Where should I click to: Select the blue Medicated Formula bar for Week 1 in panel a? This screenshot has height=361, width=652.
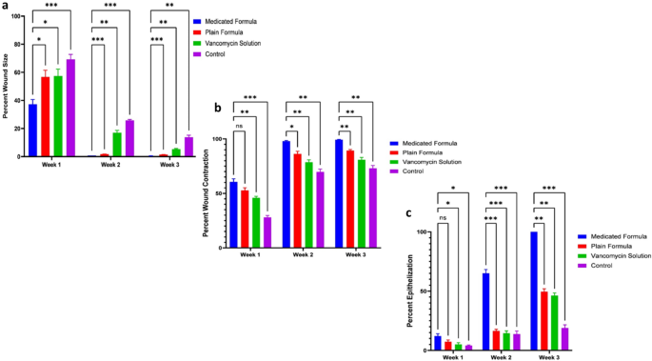tap(32, 130)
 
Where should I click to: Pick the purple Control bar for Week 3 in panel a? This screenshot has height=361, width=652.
tap(188, 147)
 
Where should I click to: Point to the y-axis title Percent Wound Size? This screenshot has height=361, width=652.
tap(7, 86)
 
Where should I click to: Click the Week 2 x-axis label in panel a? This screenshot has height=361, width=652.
tap(110, 165)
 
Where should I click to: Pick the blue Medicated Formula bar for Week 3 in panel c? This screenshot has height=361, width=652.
tap(534, 291)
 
